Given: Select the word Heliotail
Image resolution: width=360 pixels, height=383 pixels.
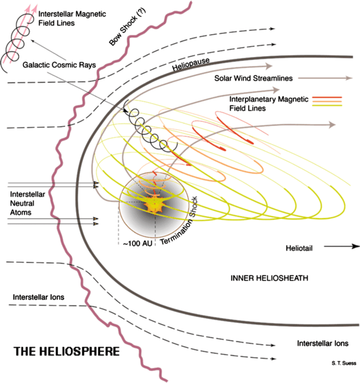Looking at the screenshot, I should [299, 248].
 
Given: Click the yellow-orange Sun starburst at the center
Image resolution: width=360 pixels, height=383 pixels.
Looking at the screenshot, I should [153, 204].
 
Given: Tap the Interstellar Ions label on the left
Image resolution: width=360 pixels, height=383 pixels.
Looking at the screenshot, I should [37, 297].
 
